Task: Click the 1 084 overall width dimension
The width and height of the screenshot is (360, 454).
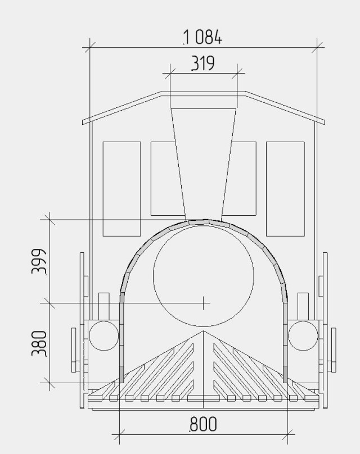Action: tap(202, 38)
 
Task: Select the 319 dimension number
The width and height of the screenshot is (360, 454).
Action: tap(203, 63)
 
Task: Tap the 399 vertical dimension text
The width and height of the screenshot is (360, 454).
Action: tap(39, 261)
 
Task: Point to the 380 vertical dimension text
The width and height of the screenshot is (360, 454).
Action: tap(39, 344)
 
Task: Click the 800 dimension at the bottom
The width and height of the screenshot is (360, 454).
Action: tap(203, 424)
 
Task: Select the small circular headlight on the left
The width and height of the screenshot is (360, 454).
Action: tap(103, 336)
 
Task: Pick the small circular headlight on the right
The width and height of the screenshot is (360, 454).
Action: tap(303, 336)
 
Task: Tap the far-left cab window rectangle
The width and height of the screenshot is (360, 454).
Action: tap(121, 189)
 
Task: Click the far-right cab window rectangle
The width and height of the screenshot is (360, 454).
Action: tap(285, 189)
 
